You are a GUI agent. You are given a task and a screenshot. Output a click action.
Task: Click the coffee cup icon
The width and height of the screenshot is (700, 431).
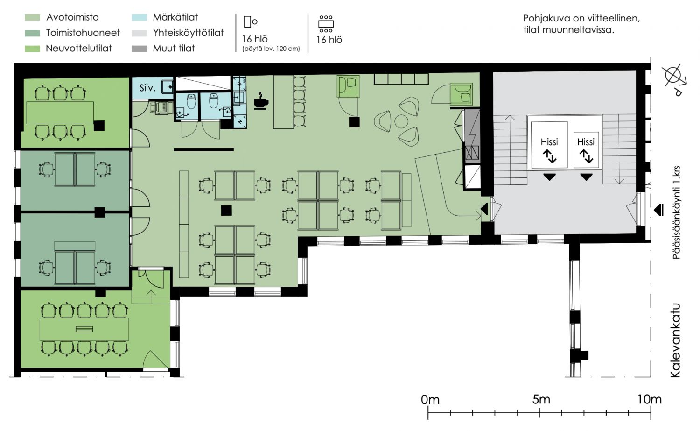pyautogui.click(x=260, y=101)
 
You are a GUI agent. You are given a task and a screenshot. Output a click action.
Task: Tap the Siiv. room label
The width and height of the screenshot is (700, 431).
pyautogui.click(x=147, y=88)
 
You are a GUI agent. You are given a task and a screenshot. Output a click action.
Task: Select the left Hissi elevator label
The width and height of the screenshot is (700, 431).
pyautogui.click(x=549, y=142)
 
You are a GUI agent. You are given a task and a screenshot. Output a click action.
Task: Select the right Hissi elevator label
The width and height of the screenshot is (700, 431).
pyautogui.click(x=586, y=142)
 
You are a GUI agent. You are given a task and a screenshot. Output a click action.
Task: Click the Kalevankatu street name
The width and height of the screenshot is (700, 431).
pyautogui.click(x=676, y=340)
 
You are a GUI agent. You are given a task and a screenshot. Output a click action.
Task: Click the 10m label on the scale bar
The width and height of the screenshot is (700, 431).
pyautogui.click(x=650, y=399)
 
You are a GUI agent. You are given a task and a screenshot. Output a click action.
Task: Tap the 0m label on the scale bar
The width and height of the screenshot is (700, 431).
pyautogui.click(x=430, y=399)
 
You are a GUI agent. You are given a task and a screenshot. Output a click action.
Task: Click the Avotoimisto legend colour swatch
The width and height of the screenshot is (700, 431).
pyautogui.click(x=33, y=18)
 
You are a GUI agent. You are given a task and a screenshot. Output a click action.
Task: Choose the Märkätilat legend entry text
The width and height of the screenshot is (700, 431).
pyautogui.click(x=175, y=17)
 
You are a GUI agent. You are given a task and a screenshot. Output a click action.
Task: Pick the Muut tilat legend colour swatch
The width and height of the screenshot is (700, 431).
pyautogui.click(x=140, y=49)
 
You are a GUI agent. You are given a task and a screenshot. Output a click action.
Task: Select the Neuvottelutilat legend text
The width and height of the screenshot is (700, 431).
pyautogui.click(x=79, y=49)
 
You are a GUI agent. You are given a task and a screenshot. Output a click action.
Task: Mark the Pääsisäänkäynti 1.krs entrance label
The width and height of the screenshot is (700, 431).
pyautogui.click(x=676, y=212)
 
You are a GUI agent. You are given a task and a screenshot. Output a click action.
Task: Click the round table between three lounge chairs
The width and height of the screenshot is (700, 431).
pyautogui.click(x=401, y=122)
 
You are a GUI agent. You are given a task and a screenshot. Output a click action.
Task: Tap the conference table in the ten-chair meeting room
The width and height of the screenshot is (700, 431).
pyautogui.click(x=84, y=329)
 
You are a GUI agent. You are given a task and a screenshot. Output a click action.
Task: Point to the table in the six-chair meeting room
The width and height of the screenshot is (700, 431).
pyautogui.click(x=60, y=113)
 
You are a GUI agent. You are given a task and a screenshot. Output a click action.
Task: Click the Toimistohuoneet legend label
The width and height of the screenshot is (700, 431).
pyautogui.click(x=83, y=33)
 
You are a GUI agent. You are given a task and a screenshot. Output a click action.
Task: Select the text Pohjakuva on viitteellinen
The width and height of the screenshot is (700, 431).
pyautogui.click(x=581, y=19)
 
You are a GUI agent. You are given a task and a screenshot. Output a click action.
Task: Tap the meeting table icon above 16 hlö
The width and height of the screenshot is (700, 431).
pyautogui.click(x=326, y=24)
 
